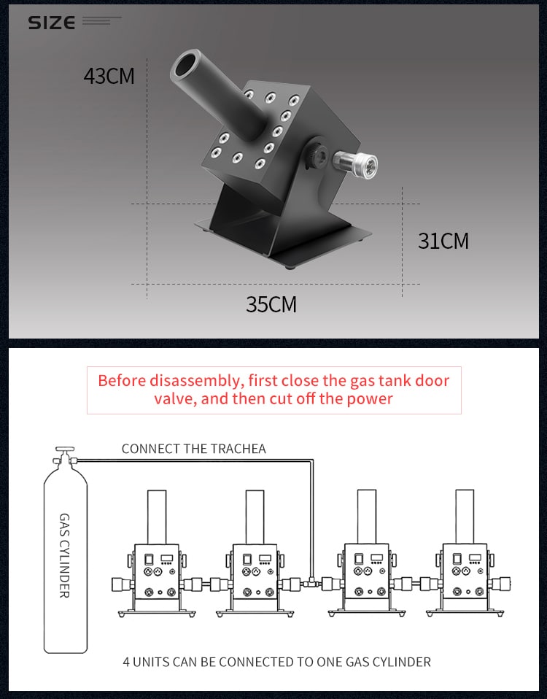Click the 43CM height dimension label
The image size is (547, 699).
coord(109,76)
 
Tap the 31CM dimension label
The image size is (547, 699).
coord(443,241)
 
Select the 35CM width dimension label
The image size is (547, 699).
coord(271,304)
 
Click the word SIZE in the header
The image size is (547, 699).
coord(51,23)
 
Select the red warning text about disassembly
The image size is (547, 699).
coord(273,390)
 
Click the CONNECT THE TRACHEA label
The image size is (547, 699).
coord(193,449)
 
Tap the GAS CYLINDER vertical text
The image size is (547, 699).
coord(64,555)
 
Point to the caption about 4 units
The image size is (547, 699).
coord(276,662)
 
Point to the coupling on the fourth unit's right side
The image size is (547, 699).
coord(503,584)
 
